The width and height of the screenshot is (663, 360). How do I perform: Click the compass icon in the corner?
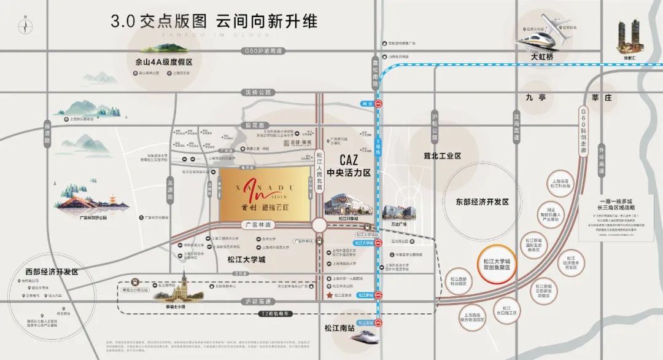pyautogui.click(x=25, y=26)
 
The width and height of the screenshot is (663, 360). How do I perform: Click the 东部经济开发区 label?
pyautogui.click(x=482, y=202)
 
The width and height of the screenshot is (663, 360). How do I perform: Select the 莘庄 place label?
pyautogui.click(x=599, y=98)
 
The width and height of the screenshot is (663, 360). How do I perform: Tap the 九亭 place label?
pyautogui.click(x=535, y=97)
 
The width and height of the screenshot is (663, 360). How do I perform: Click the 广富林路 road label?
pyautogui.click(x=255, y=224)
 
